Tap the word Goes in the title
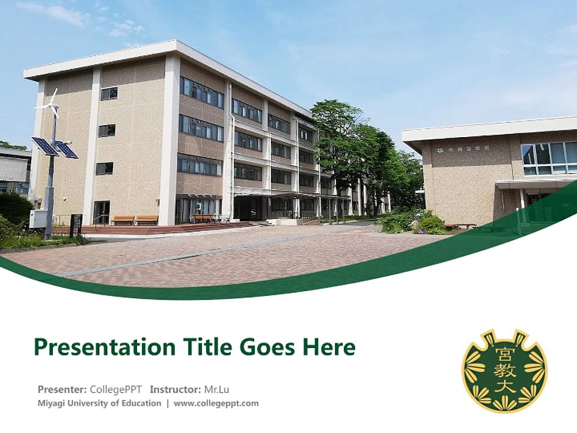point(266,347)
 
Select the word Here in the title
point(328,347)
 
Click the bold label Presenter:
point(62,388)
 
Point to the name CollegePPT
point(115,388)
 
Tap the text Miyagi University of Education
point(99,403)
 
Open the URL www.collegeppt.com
point(216,403)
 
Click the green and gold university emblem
point(504,370)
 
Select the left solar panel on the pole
point(44,146)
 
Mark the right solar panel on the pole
point(66,149)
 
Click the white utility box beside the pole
point(38,218)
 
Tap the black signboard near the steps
point(76,223)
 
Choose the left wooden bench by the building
point(123,220)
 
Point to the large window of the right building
point(549,158)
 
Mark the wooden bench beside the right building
point(461,226)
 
